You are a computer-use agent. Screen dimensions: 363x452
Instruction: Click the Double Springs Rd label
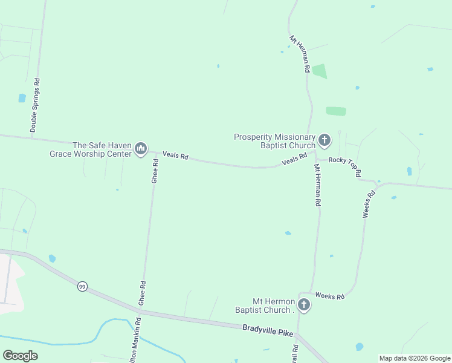35,105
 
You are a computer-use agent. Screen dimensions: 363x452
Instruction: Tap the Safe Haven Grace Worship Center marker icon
141,148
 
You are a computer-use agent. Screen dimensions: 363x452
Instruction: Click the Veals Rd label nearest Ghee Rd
176,156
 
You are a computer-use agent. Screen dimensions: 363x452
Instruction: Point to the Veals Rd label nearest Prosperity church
294,160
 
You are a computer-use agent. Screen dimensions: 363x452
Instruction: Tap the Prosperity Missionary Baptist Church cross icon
324,141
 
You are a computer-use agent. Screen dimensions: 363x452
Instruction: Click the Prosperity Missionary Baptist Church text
275,141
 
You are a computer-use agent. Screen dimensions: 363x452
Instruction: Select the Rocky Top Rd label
345,166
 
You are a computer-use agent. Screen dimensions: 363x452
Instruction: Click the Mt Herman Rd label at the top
300,54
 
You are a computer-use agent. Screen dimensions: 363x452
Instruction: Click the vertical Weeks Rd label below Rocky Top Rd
369,204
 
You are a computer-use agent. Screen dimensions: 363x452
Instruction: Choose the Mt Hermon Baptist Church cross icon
304,305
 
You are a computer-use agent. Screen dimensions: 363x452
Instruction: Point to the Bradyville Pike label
267,329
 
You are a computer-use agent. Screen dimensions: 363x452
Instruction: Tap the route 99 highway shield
82,286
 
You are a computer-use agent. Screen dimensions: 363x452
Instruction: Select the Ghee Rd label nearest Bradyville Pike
142,292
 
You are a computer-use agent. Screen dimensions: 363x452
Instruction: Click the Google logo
20,356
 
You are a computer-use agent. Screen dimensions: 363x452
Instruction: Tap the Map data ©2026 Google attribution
415,358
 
